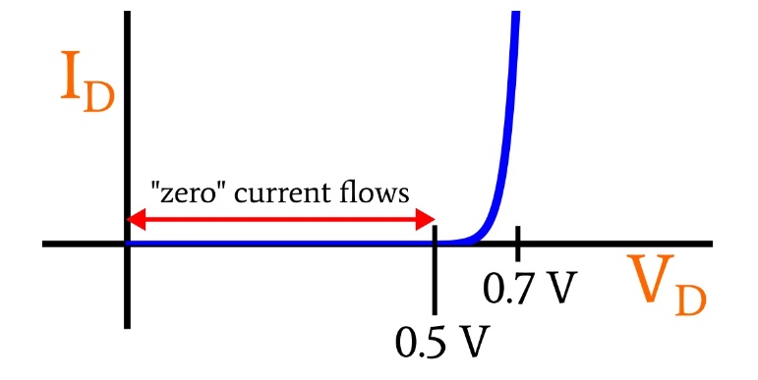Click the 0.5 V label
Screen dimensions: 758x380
click(x=442, y=341)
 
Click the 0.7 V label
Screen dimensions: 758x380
click(x=530, y=288)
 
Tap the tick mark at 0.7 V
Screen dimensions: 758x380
click(x=518, y=244)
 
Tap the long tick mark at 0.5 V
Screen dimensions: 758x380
click(x=435, y=270)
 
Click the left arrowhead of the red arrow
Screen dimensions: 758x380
click(x=136, y=220)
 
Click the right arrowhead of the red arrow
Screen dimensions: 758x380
click(x=426, y=220)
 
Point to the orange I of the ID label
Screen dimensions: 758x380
click(x=71, y=75)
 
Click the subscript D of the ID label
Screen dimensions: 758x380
click(x=99, y=98)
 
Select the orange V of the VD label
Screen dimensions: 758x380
click(x=650, y=276)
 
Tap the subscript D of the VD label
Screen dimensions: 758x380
click(x=690, y=301)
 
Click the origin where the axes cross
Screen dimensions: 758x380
click(x=127, y=244)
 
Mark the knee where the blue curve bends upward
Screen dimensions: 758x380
click(x=476, y=238)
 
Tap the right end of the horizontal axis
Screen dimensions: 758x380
click(x=711, y=244)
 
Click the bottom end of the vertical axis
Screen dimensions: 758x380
click(x=127, y=326)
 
